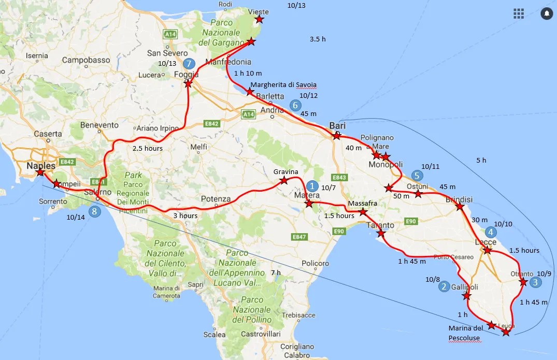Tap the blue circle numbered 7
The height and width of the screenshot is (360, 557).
(189, 64)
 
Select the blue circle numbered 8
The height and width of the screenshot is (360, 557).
(94, 211)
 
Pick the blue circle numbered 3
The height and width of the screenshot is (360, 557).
(535, 282)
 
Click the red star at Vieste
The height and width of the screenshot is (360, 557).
(259, 20)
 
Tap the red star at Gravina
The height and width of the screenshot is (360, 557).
(284, 181)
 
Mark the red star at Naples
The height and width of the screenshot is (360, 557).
(40, 172)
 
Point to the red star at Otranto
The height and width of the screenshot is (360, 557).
(523, 282)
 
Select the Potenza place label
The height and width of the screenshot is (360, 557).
(216, 199)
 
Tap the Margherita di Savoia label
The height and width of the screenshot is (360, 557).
(283, 84)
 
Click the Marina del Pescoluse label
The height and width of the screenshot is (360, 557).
(466, 333)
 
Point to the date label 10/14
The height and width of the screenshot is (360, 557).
(76, 218)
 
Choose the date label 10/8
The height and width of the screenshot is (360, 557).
(432, 280)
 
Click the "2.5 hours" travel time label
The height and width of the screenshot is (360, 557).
(148, 149)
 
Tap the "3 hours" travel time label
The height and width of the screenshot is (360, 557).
(185, 215)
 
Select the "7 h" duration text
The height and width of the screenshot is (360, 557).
(276, 273)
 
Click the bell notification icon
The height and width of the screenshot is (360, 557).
(546, 13)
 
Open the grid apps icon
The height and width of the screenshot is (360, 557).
(519, 13)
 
